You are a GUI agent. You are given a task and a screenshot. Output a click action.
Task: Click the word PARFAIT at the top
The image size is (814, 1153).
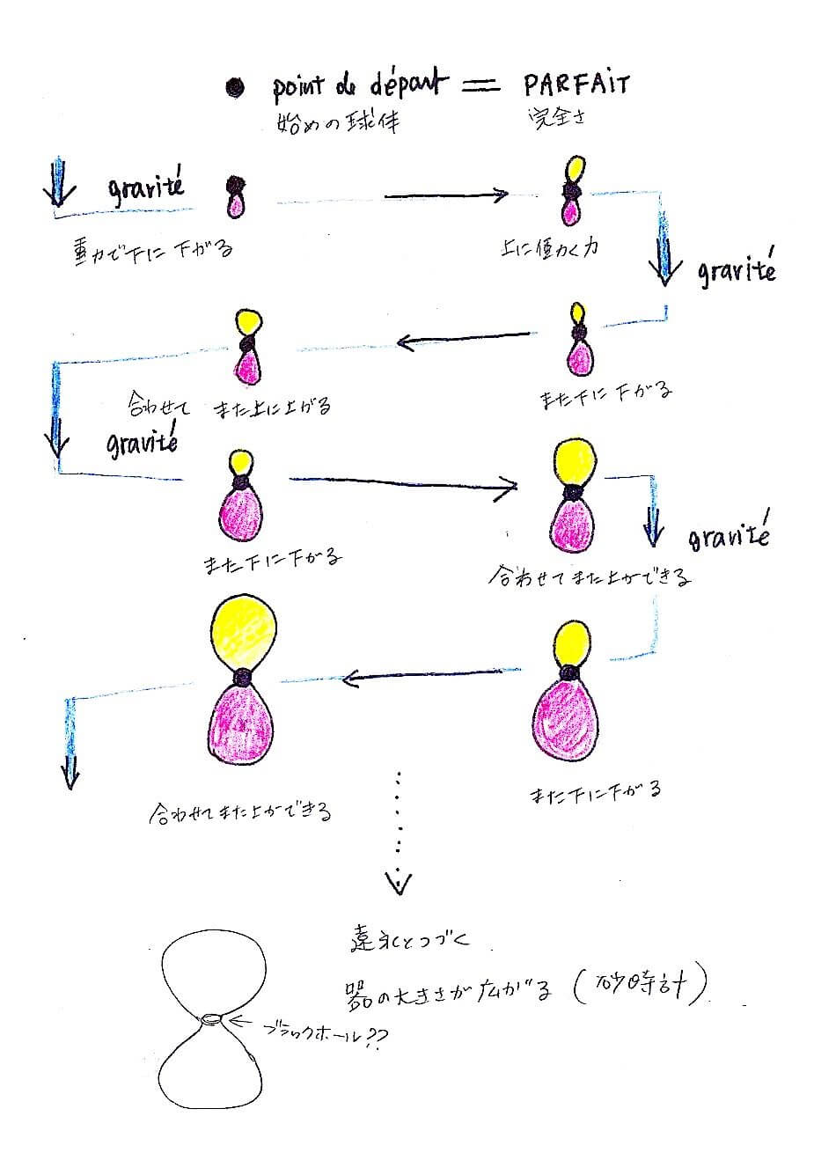click(x=576, y=85)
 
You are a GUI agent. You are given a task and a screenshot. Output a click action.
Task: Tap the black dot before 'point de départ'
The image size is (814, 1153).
click(x=235, y=87)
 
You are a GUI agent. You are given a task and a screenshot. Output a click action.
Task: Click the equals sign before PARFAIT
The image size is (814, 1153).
click(x=480, y=84)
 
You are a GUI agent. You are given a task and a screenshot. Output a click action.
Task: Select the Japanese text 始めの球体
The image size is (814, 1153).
click(x=338, y=121)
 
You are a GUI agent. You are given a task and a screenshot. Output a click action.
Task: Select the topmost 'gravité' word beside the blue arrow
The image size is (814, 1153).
click(x=145, y=187)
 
